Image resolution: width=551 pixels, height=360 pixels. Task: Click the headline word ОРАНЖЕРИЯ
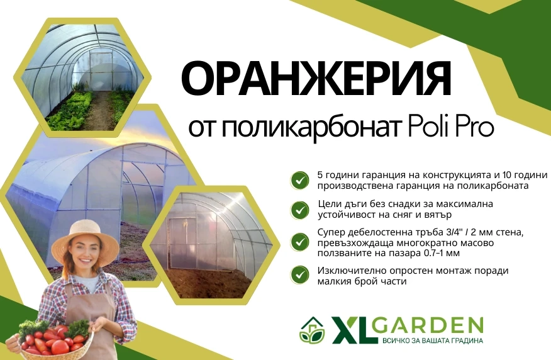coord(316,79)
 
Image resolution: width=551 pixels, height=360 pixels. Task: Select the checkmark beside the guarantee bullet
coord(300,181)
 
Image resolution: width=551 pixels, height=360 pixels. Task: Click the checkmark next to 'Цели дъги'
coord(300,210)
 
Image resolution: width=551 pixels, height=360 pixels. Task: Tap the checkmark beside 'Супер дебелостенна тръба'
coord(300,242)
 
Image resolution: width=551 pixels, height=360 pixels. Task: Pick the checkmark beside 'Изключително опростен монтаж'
coord(300,275)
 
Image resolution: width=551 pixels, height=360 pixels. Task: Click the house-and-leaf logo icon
coord(312,330)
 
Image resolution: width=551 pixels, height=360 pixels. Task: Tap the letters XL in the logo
coord(353,330)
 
